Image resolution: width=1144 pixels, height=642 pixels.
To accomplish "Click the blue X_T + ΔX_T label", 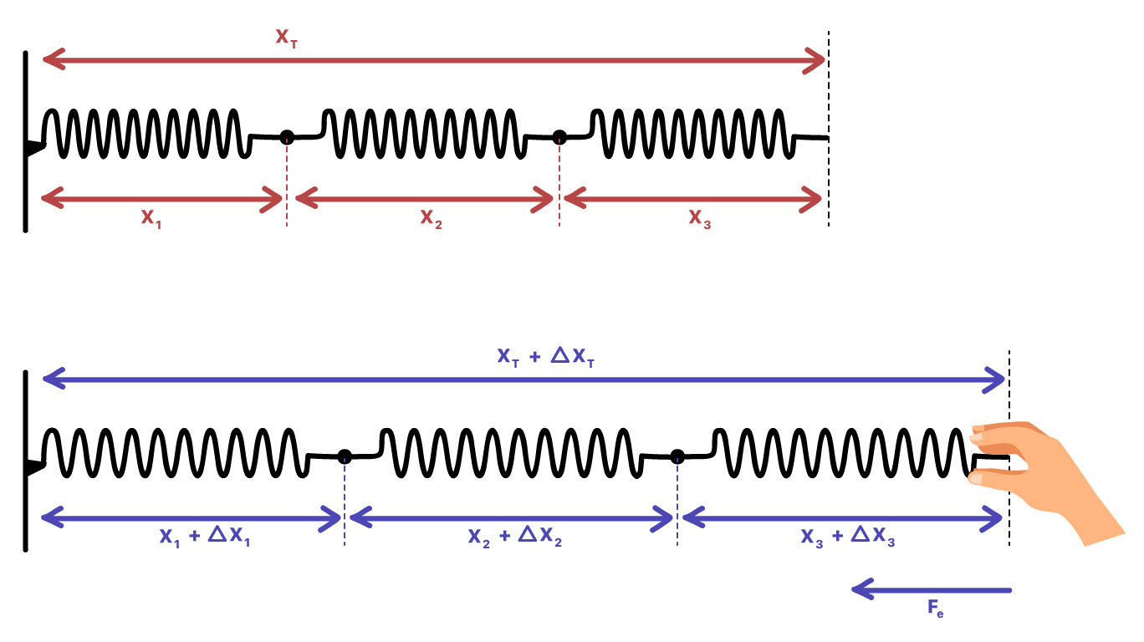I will click(546, 359).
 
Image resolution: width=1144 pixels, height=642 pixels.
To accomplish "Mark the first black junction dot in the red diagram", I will click(287, 137).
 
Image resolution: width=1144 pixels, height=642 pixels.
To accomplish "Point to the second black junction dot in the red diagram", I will click(559, 137).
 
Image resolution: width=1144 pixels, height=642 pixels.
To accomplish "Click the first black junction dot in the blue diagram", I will click(344, 456).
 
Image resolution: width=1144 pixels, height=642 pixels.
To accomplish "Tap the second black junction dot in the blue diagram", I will click(677, 456).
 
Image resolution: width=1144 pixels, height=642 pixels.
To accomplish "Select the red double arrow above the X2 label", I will click(425, 199).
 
